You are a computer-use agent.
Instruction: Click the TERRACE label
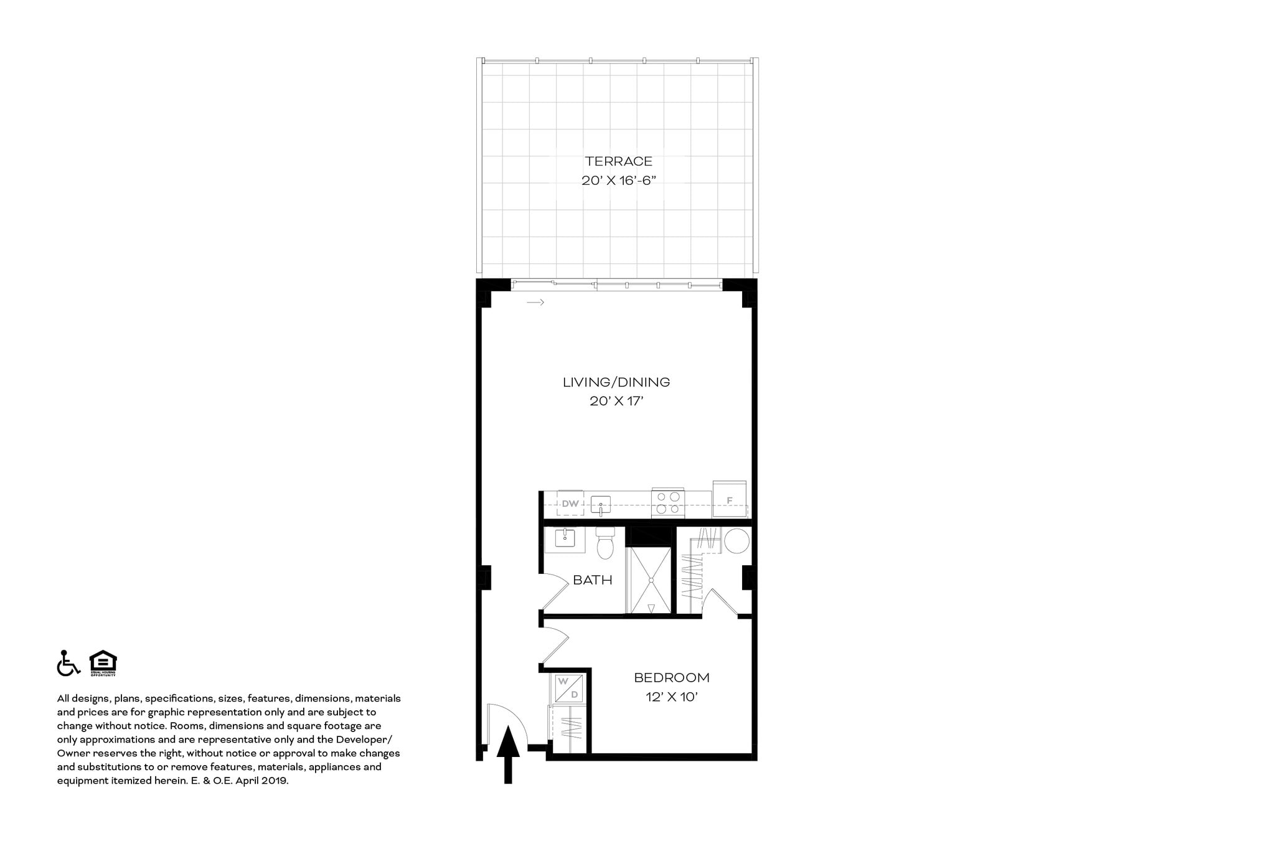pos(618,161)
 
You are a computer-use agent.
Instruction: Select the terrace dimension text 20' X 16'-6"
pos(618,181)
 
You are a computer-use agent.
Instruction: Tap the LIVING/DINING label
pos(616,382)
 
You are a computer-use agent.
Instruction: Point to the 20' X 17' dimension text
pos(616,402)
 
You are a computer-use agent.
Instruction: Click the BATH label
pos(592,580)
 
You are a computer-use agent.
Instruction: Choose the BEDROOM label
pos(671,677)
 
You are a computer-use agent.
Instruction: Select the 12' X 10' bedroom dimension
pos(671,697)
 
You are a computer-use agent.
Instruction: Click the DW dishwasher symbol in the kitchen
pos(570,503)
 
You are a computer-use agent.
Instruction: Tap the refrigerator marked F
pos(730,499)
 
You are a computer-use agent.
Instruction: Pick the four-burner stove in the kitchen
pos(668,503)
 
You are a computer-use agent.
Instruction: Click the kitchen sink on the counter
pos(601,504)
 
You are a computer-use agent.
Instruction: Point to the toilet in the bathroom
pos(605,543)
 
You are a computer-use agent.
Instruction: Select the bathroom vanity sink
pos(565,539)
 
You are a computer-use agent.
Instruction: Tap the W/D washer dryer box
pos(568,688)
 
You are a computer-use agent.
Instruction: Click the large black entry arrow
pos(508,753)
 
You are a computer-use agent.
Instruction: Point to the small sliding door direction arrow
pos(535,303)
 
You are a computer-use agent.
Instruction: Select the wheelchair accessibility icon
pos(68,663)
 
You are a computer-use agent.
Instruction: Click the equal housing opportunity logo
pos(103,663)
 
